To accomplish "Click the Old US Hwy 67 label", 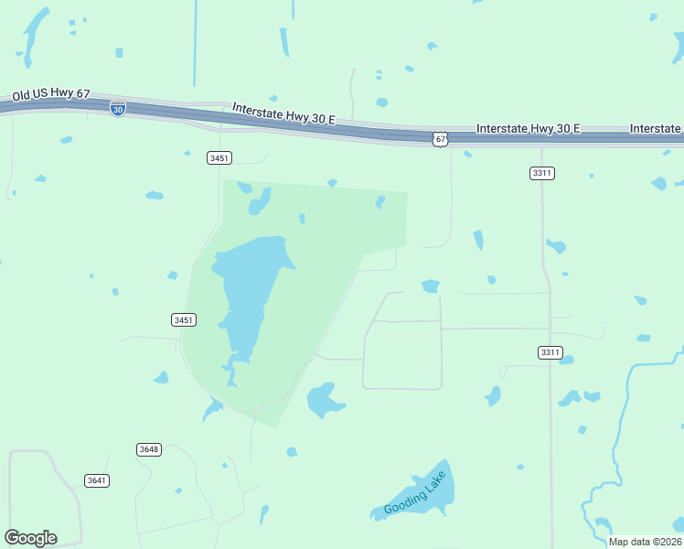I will click(50, 94).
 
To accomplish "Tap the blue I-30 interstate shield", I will click(118, 108).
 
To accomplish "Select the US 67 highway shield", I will click(441, 139).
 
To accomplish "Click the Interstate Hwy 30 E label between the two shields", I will click(283, 114).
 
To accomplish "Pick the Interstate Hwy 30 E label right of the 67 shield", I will click(529, 128).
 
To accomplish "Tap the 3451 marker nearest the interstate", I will click(219, 158).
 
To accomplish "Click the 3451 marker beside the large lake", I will click(183, 319).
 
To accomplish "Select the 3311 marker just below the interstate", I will click(542, 173).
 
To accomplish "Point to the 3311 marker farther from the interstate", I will click(550, 352).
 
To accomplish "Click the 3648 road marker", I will click(149, 449).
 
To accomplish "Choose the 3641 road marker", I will click(96, 480).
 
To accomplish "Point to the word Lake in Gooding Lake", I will click(437, 481).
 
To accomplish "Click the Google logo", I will click(30, 538).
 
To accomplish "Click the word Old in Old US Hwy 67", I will click(22, 95).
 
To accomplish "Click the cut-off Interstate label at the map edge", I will click(656, 128).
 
